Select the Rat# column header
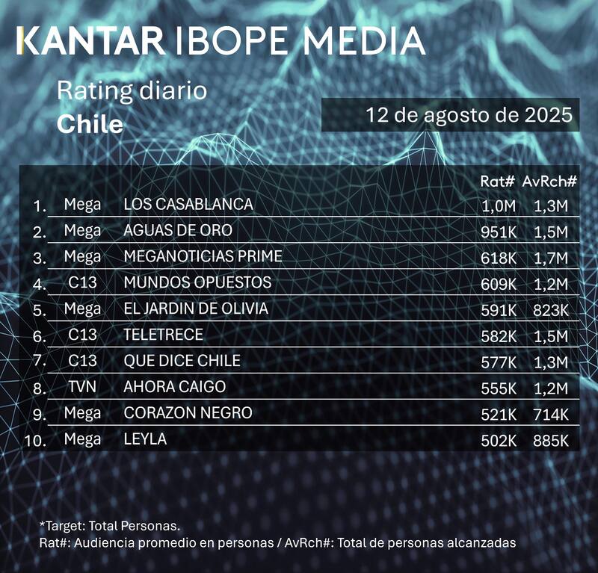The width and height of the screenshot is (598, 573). point(499,181)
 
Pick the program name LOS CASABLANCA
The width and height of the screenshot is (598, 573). point(188,204)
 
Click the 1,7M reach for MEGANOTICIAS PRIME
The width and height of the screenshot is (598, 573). point(552,258)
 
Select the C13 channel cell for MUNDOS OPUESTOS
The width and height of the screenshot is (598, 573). point(82,283)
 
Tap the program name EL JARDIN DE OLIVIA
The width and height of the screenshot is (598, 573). point(196,309)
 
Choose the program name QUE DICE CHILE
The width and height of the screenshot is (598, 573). point(182,361)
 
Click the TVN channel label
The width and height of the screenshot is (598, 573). point(82,387)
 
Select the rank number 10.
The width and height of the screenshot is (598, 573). point(36,441)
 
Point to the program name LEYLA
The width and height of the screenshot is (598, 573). point(145,439)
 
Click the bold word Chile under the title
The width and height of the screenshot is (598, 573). point(90,124)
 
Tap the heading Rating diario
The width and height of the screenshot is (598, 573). point(132,92)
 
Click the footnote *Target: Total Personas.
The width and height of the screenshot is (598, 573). point(110,526)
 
